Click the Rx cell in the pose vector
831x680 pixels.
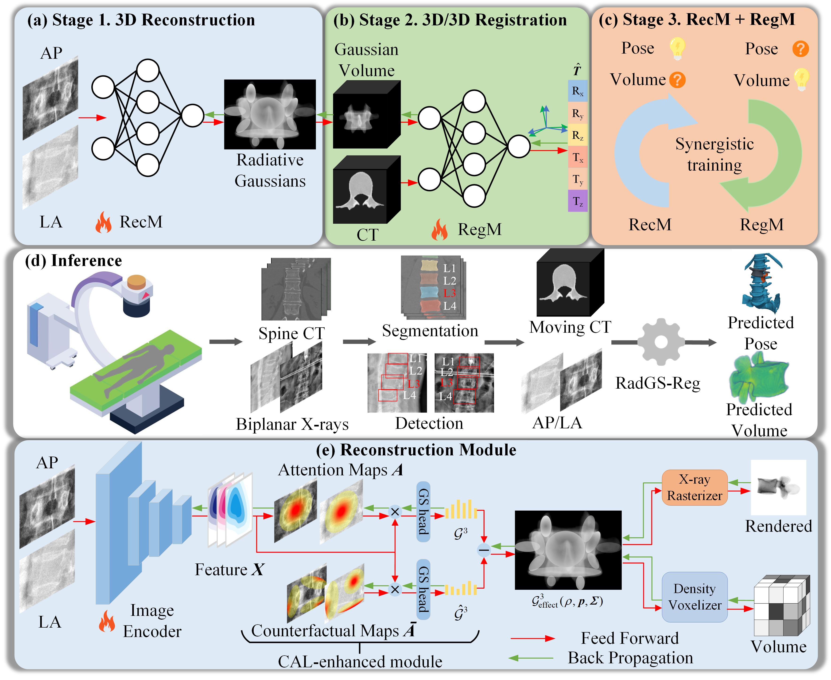[x=577, y=91]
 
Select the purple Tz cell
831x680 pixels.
[x=577, y=201]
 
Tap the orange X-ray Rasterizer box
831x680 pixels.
[x=694, y=487]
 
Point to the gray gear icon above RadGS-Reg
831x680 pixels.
[x=661, y=342]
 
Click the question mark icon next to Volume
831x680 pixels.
[x=677, y=80]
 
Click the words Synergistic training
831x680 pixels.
[x=714, y=154]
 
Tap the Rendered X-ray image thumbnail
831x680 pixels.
[x=778, y=487]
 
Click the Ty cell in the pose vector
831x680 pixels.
[x=577, y=180]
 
